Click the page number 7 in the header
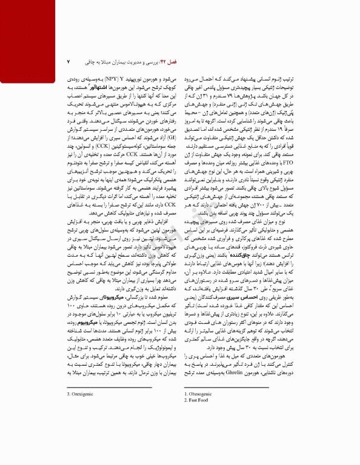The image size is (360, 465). [x=68, y=62]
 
